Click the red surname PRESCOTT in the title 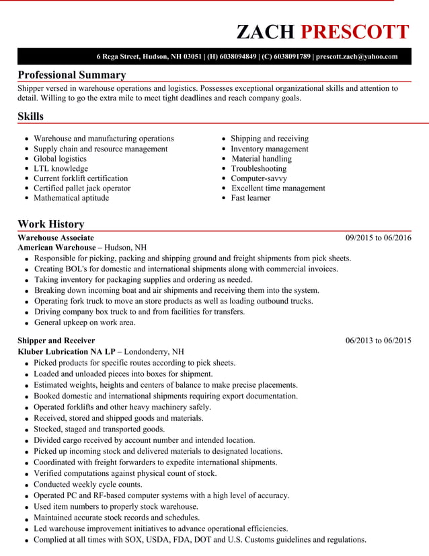coord(354,32)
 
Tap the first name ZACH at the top coord(266,32)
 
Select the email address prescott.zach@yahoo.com coord(356,57)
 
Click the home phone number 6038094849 coord(238,57)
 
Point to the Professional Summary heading coord(71,75)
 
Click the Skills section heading coord(30,116)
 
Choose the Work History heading coord(50,224)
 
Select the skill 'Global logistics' coord(60,159)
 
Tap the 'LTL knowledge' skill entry coord(61,169)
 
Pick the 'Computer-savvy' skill coord(259,178)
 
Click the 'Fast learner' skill coord(251,198)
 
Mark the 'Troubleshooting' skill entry coord(259,169)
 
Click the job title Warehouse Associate coord(56,238)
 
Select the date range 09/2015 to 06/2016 coord(378,238)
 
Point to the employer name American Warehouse coord(56,248)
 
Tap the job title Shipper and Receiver coord(56,341)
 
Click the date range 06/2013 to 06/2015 coord(378,341)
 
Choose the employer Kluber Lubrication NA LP coord(66,351)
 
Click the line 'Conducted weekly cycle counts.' coord(88,484)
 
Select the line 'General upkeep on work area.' coord(85,322)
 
